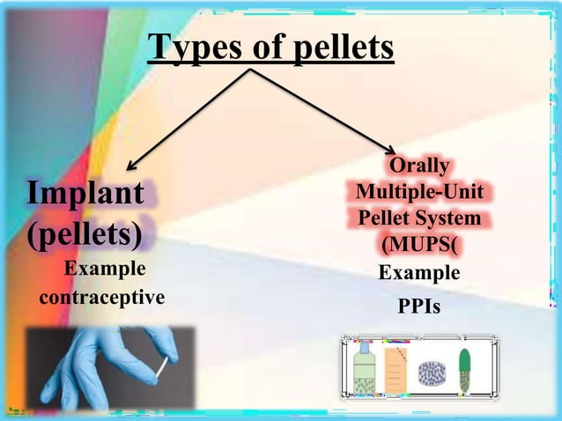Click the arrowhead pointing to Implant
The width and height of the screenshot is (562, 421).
pos(131,165)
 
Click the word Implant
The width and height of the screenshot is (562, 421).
pos(85,193)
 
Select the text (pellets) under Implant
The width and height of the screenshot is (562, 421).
pos(85,234)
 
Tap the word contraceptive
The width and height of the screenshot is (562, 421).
pos(102,297)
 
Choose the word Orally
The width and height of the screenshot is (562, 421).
pos(419,166)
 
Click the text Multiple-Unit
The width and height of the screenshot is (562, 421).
pos(419,191)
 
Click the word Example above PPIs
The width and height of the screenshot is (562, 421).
pos(419,273)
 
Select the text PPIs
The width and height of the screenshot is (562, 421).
pos(419,307)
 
